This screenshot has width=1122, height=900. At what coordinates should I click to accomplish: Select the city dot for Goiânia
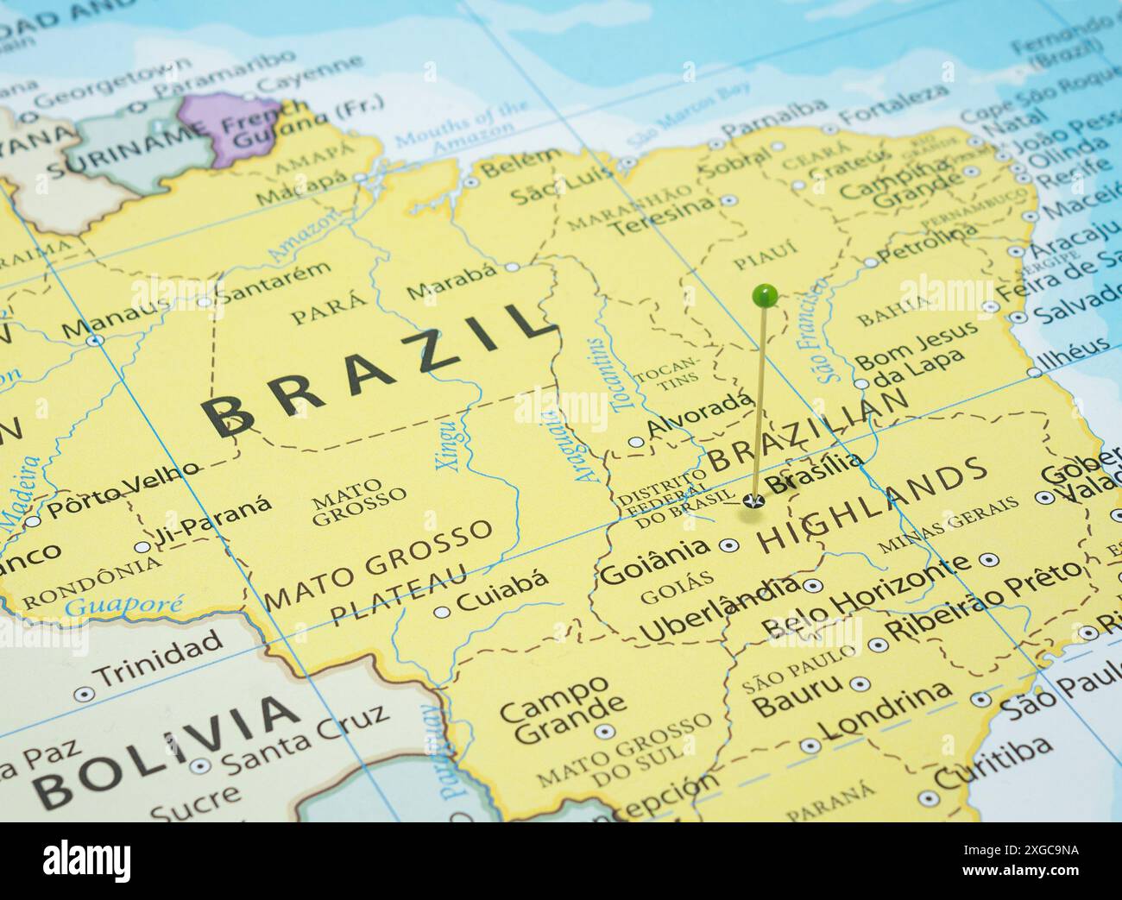[728, 545]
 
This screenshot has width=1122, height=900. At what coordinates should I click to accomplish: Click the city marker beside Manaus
[96, 340]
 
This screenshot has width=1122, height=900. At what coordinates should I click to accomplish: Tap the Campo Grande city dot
[604, 732]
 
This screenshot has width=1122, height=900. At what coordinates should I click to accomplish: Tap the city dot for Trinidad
[84, 694]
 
